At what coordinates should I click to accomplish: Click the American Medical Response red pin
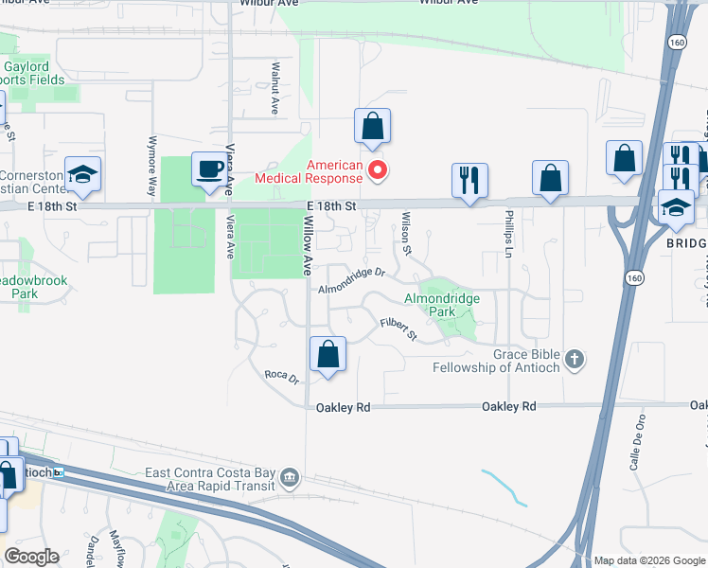point(377,170)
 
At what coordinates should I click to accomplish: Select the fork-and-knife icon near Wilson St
point(469,179)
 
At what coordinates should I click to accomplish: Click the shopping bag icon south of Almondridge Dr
point(327,356)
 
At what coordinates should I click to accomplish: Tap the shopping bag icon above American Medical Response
point(372,126)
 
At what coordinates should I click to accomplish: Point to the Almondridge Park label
point(442,305)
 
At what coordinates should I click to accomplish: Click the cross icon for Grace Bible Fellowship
point(574,360)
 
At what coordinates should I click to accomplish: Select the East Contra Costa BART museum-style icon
point(290,479)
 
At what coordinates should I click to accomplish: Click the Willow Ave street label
point(308,245)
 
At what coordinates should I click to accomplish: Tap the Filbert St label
point(398,328)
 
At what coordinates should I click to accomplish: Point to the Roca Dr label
point(281,378)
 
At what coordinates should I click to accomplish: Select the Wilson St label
point(405,236)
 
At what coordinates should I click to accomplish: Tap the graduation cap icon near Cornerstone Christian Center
point(82,174)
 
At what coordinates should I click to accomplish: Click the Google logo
point(31,557)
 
